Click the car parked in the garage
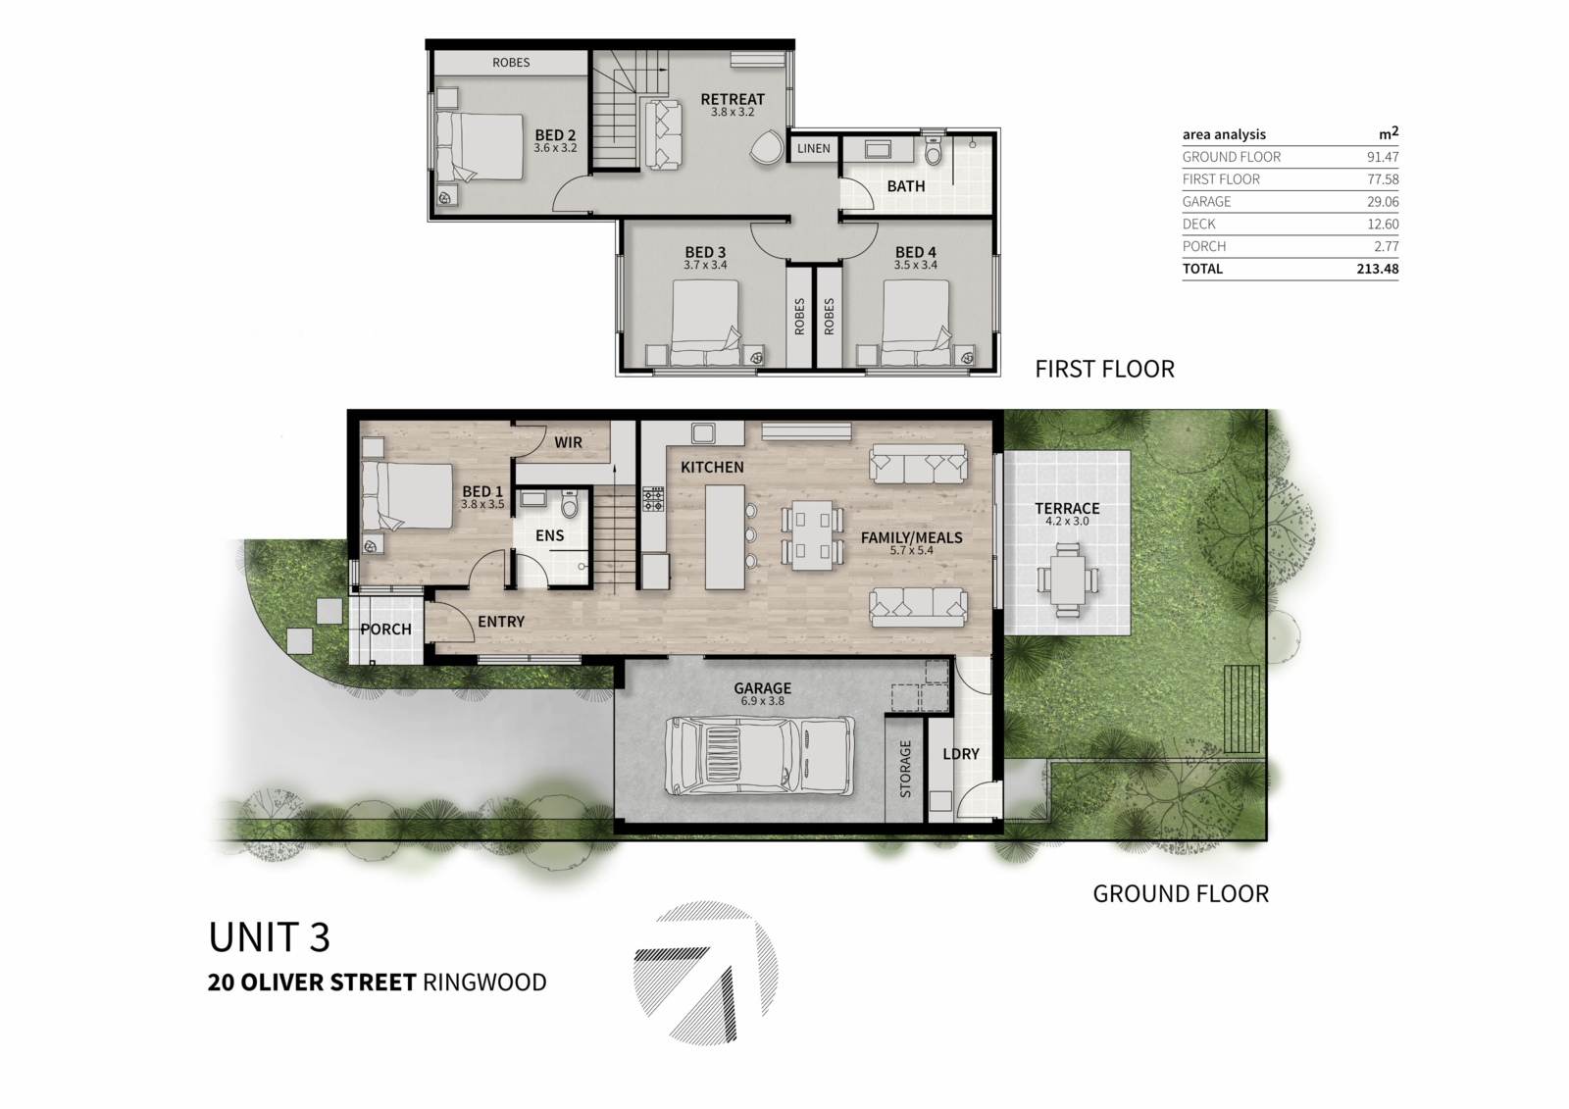[x=759, y=755]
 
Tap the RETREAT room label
[x=733, y=99]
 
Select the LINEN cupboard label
[x=814, y=148]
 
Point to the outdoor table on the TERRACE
[x=1067, y=580]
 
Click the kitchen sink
[x=702, y=432]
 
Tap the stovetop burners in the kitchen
[x=653, y=499]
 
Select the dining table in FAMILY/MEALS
[x=812, y=534]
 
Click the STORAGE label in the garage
[x=905, y=769]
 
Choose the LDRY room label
[x=960, y=754]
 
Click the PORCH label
[x=386, y=630]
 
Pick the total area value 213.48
[x=1377, y=269]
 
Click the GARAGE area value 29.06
[x=1383, y=202]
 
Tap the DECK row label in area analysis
[x=1199, y=225]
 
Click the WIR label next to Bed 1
[x=568, y=442]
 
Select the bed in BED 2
[x=480, y=147]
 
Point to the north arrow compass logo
[x=705, y=973]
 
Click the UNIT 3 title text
[x=270, y=937]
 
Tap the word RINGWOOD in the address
[x=484, y=983]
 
